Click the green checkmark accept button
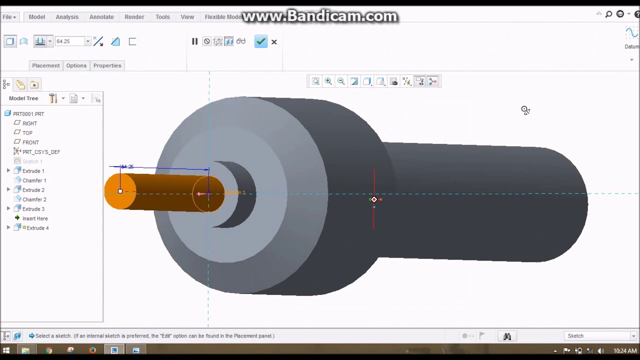[x=260, y=41]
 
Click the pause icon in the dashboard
[x=194, y=41]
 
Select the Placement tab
[x=45, y=65]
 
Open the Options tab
[x=76, y=65]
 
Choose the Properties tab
[x=107, y=65]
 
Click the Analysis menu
[x=67, y=17]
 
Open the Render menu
[x=134, y=17]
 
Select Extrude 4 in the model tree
[x=37, y=228]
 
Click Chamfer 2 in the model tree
[x=34, y=199]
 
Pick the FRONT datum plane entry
[x=30, y=142]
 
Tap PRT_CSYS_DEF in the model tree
[x=41, y=152]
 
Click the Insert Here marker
[x=35, y=218]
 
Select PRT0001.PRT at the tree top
[x=28, y=114]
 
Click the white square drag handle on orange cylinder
[x=120, y=191]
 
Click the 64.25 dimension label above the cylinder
[x=127, y=167]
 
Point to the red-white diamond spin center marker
[x=374, y=199]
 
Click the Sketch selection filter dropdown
[x=600, y=336]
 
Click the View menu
[x=187, y=17]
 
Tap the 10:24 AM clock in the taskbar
[x=624, y=351]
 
